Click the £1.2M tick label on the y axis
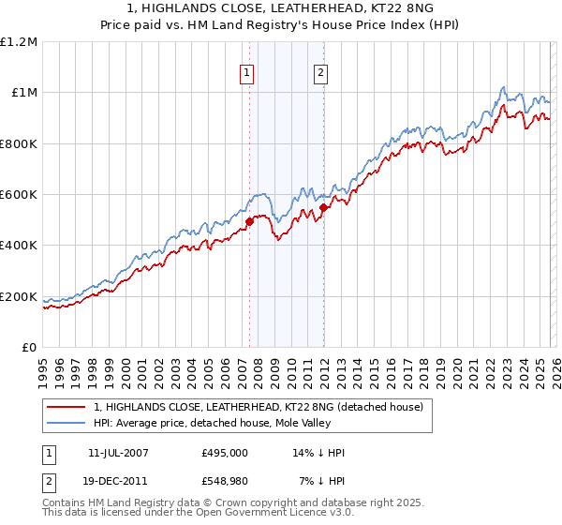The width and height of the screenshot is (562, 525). click(x=19, y=41)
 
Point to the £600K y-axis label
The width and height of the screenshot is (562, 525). click(x=19, y=194)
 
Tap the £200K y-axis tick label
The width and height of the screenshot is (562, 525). click(x=19, y=296)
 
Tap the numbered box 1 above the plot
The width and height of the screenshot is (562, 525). click(x=247, y=73)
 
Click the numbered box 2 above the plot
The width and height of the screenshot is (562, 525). click(x=320, y=73)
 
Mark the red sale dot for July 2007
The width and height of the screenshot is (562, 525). click(x=250, y=222)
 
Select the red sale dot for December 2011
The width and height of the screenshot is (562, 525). click(x=323, y=208)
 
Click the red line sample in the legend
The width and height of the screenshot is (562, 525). click(x=67, y=407)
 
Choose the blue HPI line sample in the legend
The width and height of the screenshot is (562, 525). click(x=67, y=423)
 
